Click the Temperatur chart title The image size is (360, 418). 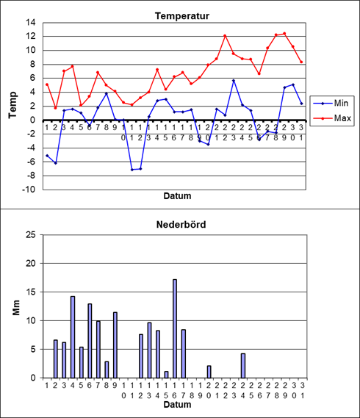(x=182, y=16)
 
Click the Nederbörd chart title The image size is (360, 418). (x=181, y=225)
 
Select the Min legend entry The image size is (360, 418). (x=331, y=103)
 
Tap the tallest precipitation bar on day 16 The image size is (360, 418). (x=175, y=328)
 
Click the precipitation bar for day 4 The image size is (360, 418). (x=73, y=337)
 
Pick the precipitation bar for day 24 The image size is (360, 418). (x=243, y=366)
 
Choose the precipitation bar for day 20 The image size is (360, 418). (x=209, y=372)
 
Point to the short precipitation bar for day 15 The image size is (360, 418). (x=166, y=375)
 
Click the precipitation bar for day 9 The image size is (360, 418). (x=115, y=345)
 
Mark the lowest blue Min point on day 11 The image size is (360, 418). (x=132, y=170)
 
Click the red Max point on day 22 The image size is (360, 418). (x=225, y=36)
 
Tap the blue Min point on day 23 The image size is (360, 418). (x=234, y=81)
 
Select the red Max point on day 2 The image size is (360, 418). (x=55, y=108)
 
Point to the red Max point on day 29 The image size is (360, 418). (x=284, y=34)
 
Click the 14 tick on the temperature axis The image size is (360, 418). (x=30, y=22)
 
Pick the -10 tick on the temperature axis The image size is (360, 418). (x=29, y=190)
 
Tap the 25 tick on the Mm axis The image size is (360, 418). (x=30, y=235)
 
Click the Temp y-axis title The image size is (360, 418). (x=12, y=105)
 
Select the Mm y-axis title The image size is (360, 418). (x=16, y=308)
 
